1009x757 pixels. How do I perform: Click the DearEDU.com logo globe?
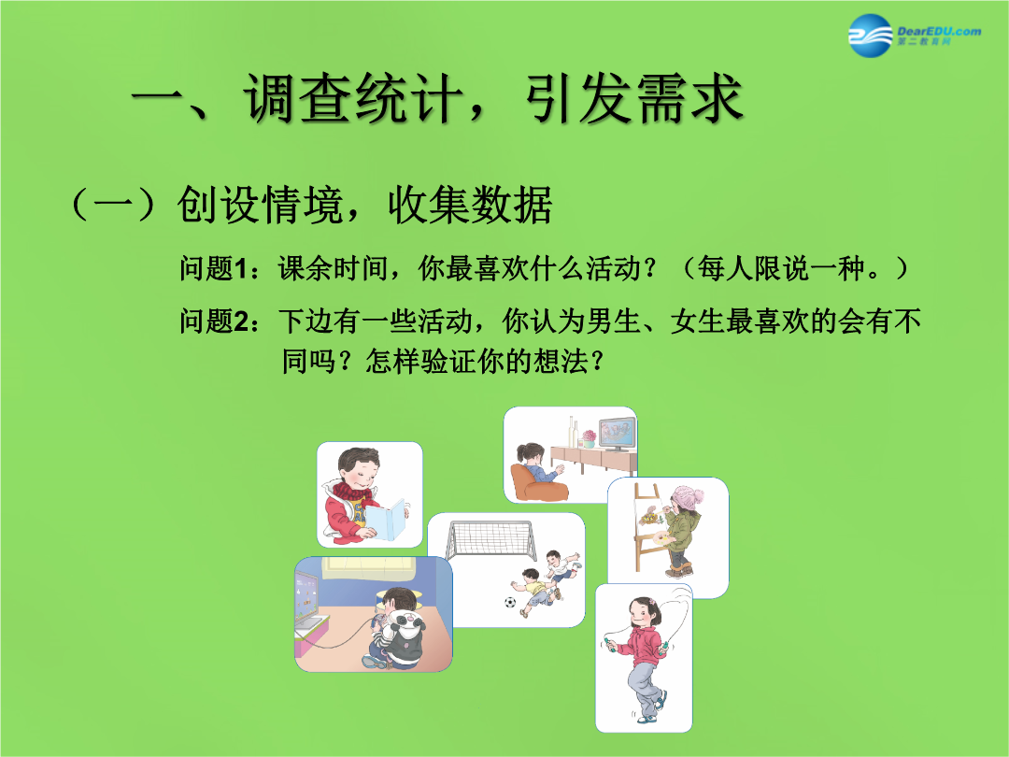point(870,36)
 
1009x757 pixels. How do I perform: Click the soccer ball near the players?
point(510,603)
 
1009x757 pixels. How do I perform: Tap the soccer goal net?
point(491,539)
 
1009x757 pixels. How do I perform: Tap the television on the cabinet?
point(617,434)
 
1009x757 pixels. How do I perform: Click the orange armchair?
point(535,484)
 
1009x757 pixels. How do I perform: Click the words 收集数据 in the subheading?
point(470,206)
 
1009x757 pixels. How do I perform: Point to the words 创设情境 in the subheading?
point(259,206)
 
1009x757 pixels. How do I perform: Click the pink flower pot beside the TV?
point(589,440)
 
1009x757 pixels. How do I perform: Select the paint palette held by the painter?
point(658,538)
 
